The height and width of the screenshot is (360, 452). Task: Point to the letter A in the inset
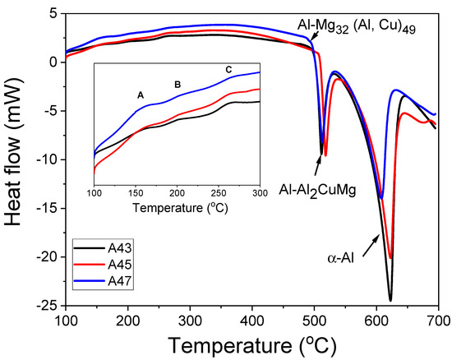click(x=141, y=96)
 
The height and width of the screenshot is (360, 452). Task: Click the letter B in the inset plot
click(x=177, y=85)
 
